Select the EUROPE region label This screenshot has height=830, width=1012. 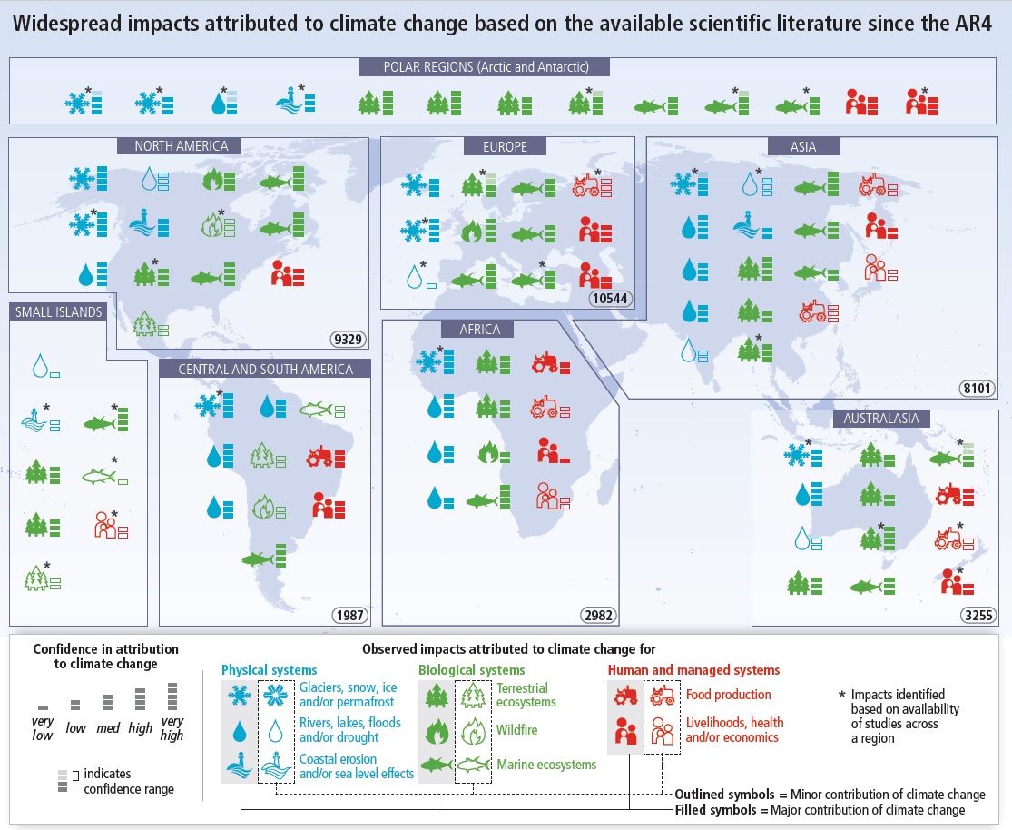pyautogui.click(x=505, y=146)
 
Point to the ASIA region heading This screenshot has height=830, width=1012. pyautogui.click(x=803, y=146)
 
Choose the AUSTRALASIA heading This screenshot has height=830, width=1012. pyautogui.click(x=881, y=419)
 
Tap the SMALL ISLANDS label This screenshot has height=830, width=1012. pyautogui.click(x=59, y=312)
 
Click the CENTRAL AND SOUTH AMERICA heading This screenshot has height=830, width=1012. pyautogui.click(x=265, y=369)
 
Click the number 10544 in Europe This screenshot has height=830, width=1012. pyautogui.click(x=610, y=299)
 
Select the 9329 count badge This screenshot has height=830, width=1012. pyautogui.click(x=348, y=339)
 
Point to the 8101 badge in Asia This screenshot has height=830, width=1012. pyautogui.click(x=977, y=388)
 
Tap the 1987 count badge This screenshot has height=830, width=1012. pyautogui.click(x=349, y=615)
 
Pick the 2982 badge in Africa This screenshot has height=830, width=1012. pyautogui.click(x=598, y=615)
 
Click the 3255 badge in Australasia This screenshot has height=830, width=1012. pyautogui.click(x=978, y=615)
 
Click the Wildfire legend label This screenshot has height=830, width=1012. pyautogui.click(x=516, y=730)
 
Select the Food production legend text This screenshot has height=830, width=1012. pyautogui.click(x=728, y=695)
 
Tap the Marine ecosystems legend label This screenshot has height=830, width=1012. pyautogui.click(x=546, y=765)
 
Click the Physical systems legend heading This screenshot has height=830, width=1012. pyautogui.click(x=270, y=670)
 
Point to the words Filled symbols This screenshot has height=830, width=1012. pyautogui.click(x=715, y=810)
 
